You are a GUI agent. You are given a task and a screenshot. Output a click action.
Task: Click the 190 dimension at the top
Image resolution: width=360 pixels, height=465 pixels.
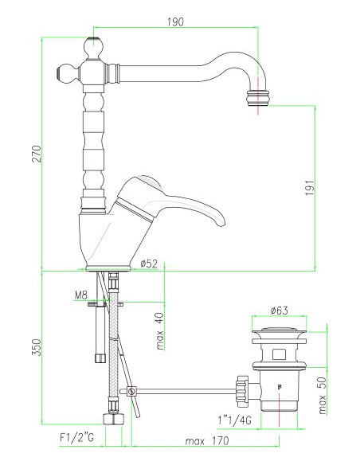[x=176, y=21]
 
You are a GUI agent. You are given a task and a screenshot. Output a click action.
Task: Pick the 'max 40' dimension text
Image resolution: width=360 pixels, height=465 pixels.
[x=161, y=330]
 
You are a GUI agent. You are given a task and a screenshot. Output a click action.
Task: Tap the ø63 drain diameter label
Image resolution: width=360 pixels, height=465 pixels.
[x=279, y=310]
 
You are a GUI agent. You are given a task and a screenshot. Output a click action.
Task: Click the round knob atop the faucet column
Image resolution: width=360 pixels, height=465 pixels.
[x=96, y=45]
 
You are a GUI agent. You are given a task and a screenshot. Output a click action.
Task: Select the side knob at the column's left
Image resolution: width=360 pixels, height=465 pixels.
[x=63, y=75]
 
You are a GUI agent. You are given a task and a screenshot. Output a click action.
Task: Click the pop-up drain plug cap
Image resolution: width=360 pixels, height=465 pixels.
[x=278, y=328]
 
